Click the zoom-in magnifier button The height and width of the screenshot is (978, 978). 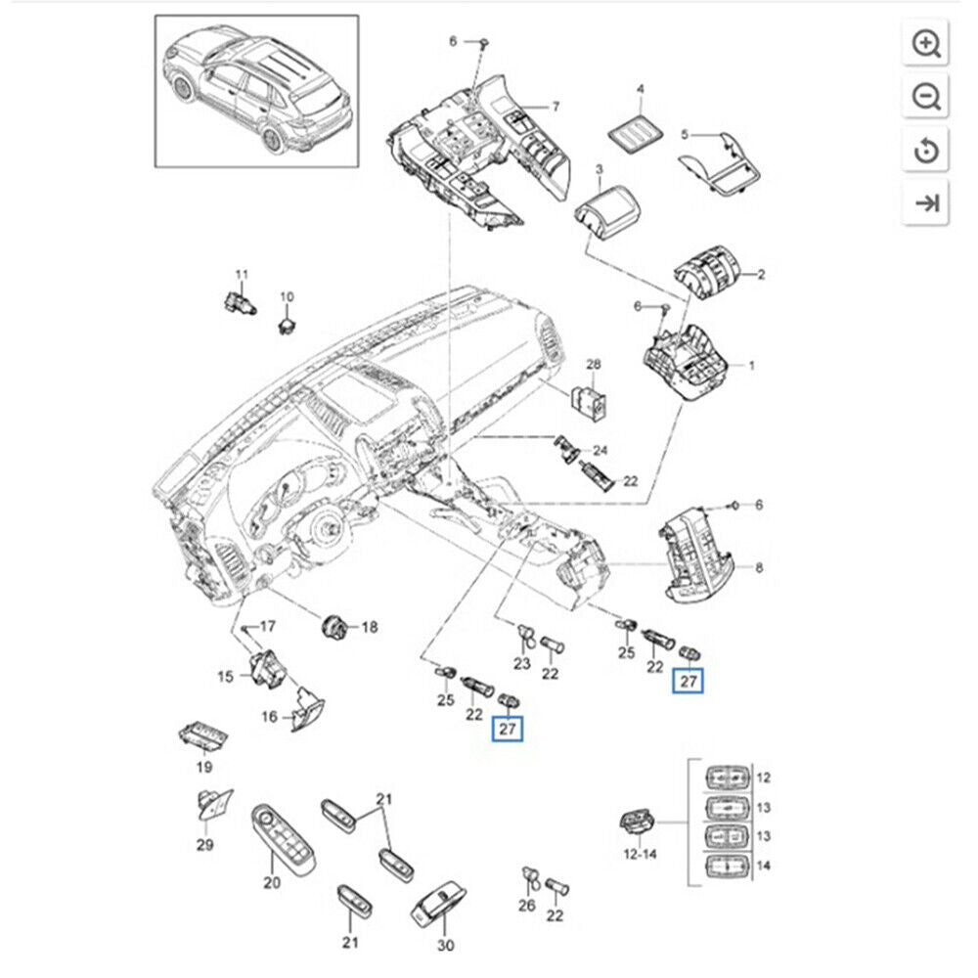pyautogui.click(x=927, y=44)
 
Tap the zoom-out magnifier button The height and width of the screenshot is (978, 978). pyautogui.click(x=927, y=97)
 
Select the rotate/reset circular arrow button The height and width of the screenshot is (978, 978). pyautogui.click(x=927, y=150)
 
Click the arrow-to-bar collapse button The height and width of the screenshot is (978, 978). pyautogui.click(x=927, y=203)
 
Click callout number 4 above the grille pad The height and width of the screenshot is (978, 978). pyautogui.click(x=642, y=90)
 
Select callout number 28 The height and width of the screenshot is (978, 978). pyautogui.click(x=593, y=365)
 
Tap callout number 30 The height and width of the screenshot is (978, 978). pyautogui.click(x=446, y=946)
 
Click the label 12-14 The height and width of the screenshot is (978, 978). pyautogui.click(x=640, y=854)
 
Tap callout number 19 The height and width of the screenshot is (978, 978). pyautogui.click(x=203, y=768)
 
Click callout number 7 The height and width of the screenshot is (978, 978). pyautogui.click(x=555, y=106)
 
